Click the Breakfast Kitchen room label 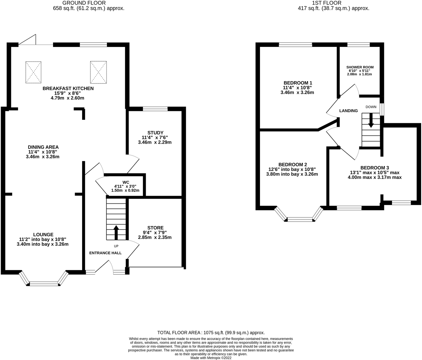coord(68,89)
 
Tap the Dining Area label coord(43,147)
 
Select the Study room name coord(155,133)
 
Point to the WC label coord(126,182)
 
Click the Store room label coord(155,228)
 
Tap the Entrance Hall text coord(105,253)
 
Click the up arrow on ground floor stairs coord(116,233)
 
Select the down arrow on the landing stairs coord(371,120)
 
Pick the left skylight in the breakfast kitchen coord(33,72)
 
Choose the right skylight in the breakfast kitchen coord(98,72)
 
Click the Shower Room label coord(360,67)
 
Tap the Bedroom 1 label coord(298,83)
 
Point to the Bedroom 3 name coord(375,168)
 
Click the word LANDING coord(349,111)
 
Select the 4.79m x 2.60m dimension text coord(67,98)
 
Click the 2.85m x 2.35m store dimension coord(155,237)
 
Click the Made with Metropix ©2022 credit coord(211,358)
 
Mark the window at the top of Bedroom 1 coord(296,44)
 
